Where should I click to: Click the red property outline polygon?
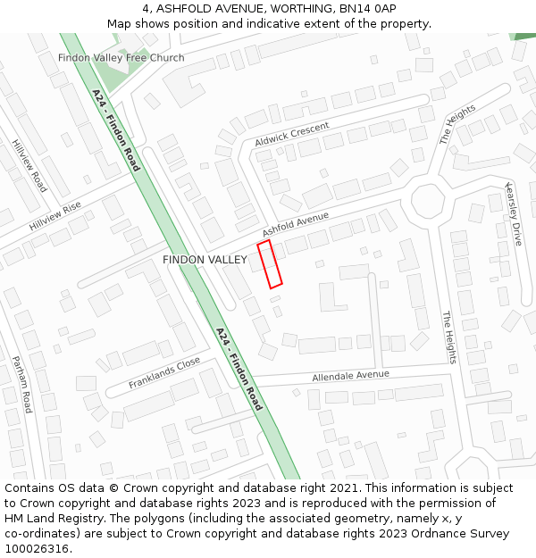(270, 263)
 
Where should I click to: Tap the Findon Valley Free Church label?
(121, 58)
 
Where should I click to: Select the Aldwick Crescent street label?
(292, 135)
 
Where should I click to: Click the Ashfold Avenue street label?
(296, 224)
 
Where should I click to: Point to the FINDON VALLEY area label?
(205, 260)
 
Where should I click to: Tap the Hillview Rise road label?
(55, 216)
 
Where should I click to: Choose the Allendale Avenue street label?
(351, 376)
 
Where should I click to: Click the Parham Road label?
(21, 384)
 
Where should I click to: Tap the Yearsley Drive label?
(513, 214)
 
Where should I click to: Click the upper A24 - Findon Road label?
(116, 129)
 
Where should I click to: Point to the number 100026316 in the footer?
(37, 548)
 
